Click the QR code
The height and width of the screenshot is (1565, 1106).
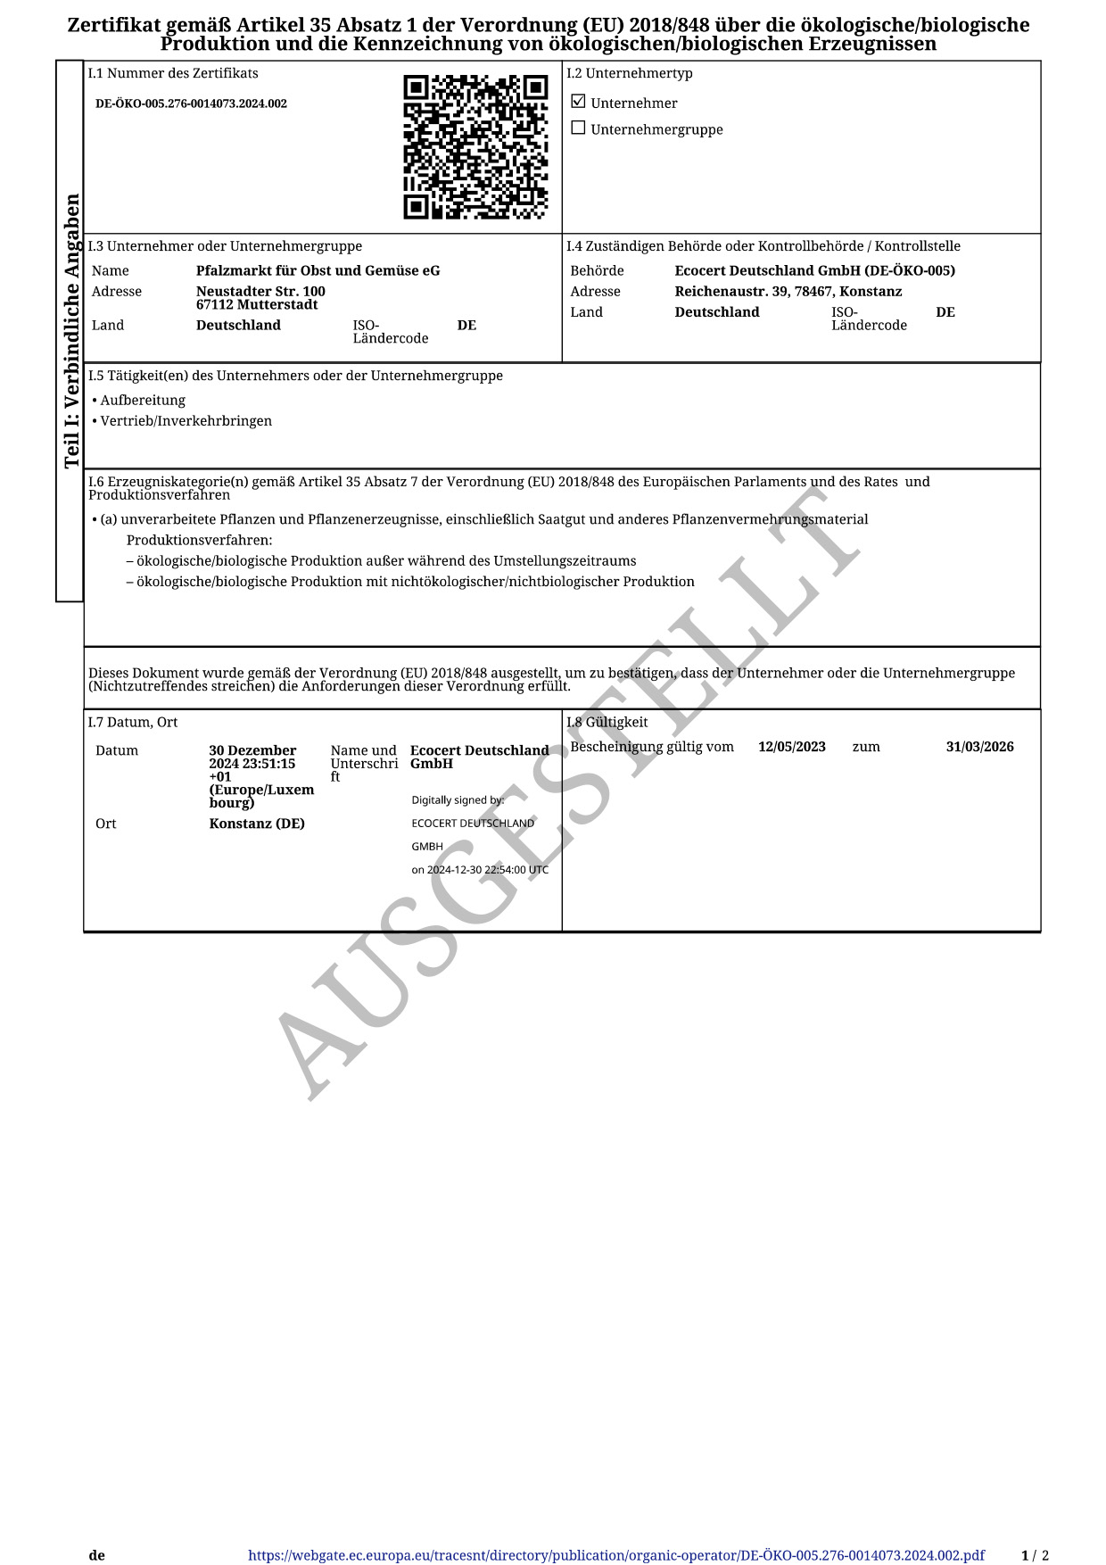pos(475,147)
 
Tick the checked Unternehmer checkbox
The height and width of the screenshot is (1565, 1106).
pos(578,102)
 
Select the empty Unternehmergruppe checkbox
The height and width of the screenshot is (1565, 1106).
pos(578,128)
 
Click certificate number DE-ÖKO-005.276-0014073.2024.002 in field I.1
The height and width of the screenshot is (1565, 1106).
pos(191,104)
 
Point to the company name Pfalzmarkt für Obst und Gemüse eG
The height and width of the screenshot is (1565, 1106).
pos(318,270)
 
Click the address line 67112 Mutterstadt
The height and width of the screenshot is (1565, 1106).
pos(257,305)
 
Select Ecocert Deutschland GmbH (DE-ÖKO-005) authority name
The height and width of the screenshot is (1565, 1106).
pos(814,270)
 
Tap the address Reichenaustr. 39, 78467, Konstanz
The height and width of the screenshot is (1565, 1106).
pos(788,292)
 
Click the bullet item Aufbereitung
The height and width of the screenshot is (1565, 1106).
pos(143,401)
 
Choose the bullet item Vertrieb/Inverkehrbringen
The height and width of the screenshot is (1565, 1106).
pos(186,421)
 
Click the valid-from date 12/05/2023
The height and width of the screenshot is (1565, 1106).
pos(791,747)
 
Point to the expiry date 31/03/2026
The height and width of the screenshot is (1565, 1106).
pos(979,747)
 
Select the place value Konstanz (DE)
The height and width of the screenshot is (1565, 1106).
pos(257,824)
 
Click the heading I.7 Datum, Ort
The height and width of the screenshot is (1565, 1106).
pos(133,723)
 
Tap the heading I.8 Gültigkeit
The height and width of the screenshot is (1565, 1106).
pos(607,723)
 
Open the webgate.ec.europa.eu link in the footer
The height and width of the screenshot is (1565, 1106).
pos(616,1555)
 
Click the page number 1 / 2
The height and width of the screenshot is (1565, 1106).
pos(1035,1555)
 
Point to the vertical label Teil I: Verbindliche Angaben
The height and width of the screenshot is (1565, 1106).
pos(71,330)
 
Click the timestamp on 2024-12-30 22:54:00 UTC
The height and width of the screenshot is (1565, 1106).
pos(480,870)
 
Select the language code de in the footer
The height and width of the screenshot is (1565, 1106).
pos(96,1555)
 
